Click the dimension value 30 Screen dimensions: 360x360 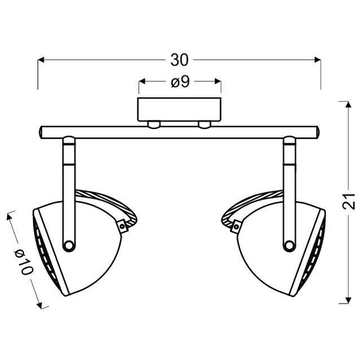[179, 60]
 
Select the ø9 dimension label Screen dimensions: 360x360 [180, 82]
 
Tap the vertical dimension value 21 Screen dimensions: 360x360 [349, 202]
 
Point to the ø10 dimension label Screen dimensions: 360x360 [24, 262]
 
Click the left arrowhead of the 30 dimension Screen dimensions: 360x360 [41, 60]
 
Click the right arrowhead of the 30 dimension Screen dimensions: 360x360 [317, 60]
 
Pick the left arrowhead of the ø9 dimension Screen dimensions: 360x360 [142, 81]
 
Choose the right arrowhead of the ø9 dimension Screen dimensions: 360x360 [218, 81]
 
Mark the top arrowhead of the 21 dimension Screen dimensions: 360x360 [349, 104]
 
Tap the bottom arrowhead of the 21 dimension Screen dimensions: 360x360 [349, 301]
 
